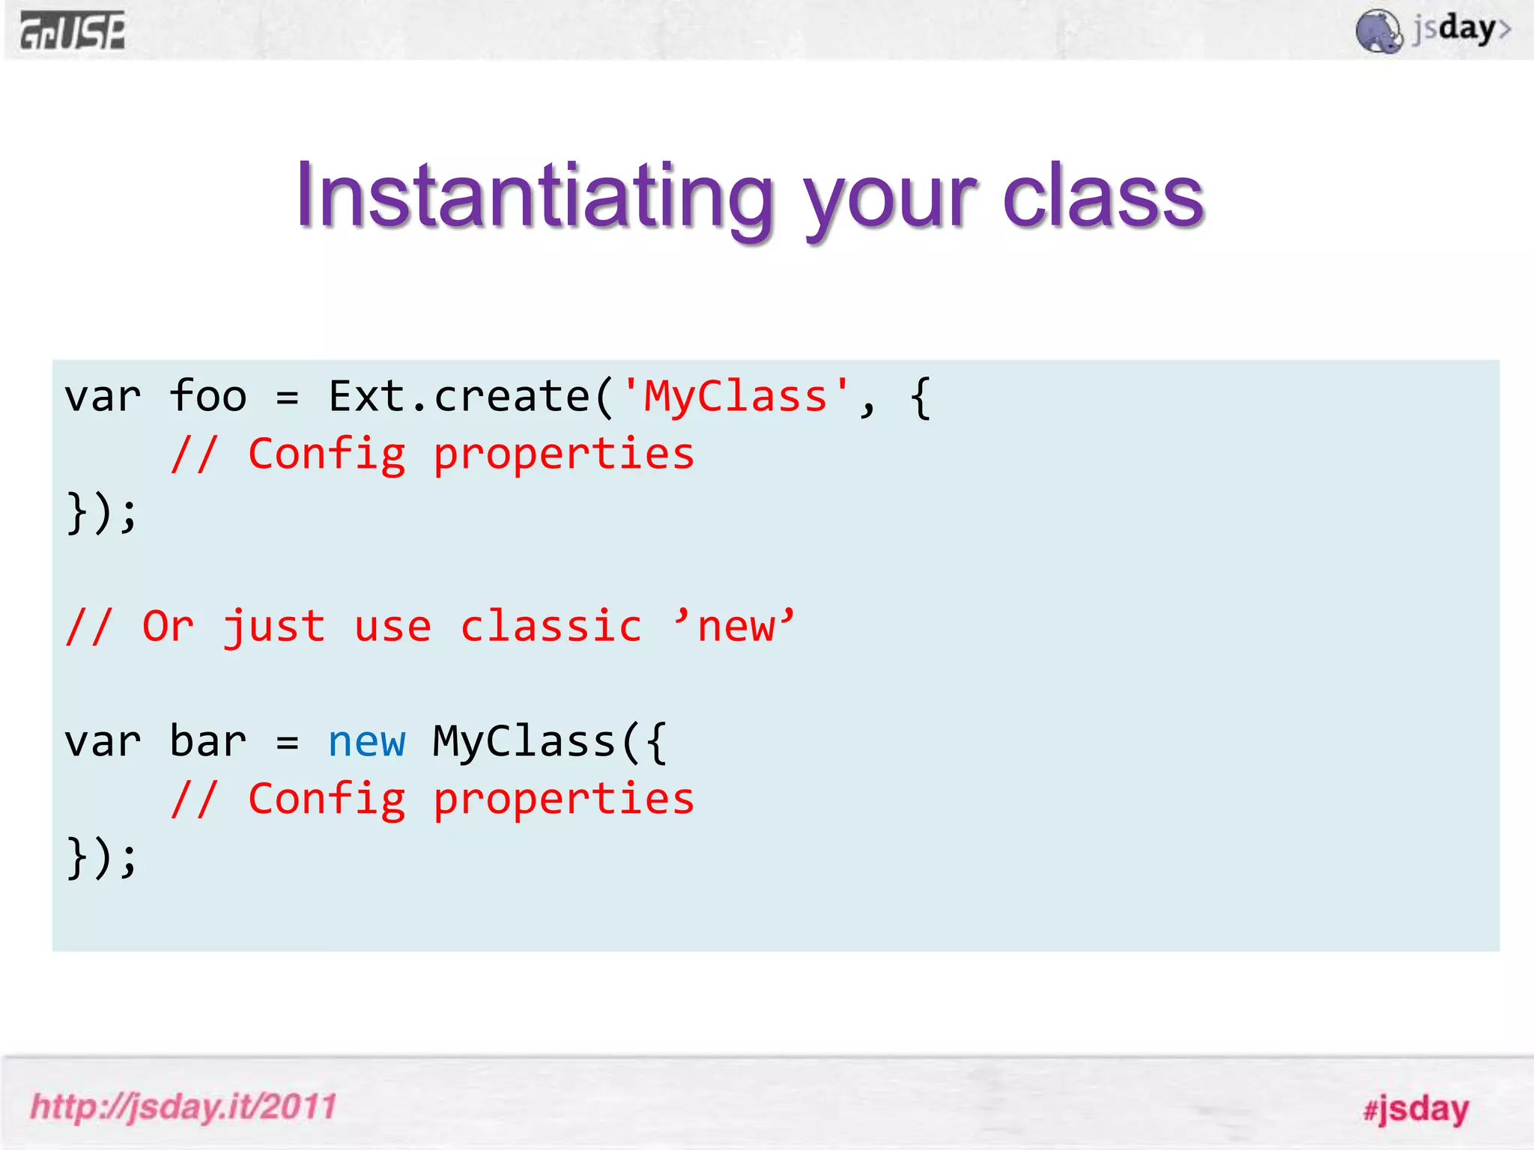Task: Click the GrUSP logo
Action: pyautogui.click(x=73, y=31)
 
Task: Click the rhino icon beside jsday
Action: pyautogui.click(x=1378, y=31)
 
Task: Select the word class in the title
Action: pyautogui.click(x=1103, y=196)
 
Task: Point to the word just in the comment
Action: pyautogui.click(x=274, y=627)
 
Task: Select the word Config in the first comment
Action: pyautogui.click(x=327, y=454)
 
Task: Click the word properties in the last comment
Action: pyautogui.click(x=564, y=800)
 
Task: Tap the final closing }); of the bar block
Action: pyautogui.click(x=102, y=857)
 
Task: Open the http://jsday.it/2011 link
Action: pyautogui.click(x=184, y=1107)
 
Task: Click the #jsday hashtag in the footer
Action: pyautogui.click(x=1416, y=1108)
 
